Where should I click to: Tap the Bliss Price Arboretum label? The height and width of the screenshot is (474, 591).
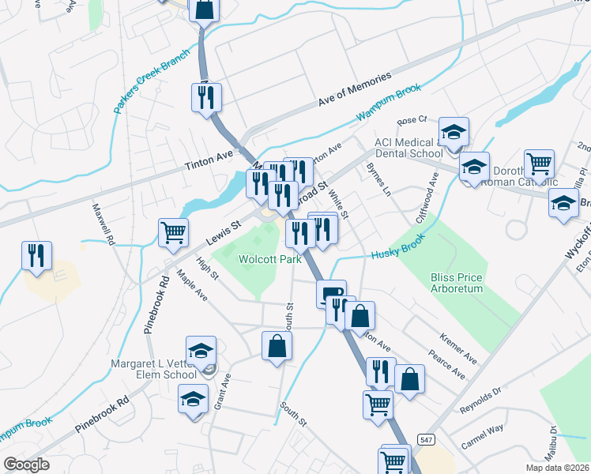(456, 283)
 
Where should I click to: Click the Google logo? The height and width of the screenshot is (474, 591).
(26, 464)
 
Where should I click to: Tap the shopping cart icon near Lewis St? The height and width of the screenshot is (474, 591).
(173, 231)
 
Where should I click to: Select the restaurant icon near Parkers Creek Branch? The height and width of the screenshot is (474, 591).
(206, 97)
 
